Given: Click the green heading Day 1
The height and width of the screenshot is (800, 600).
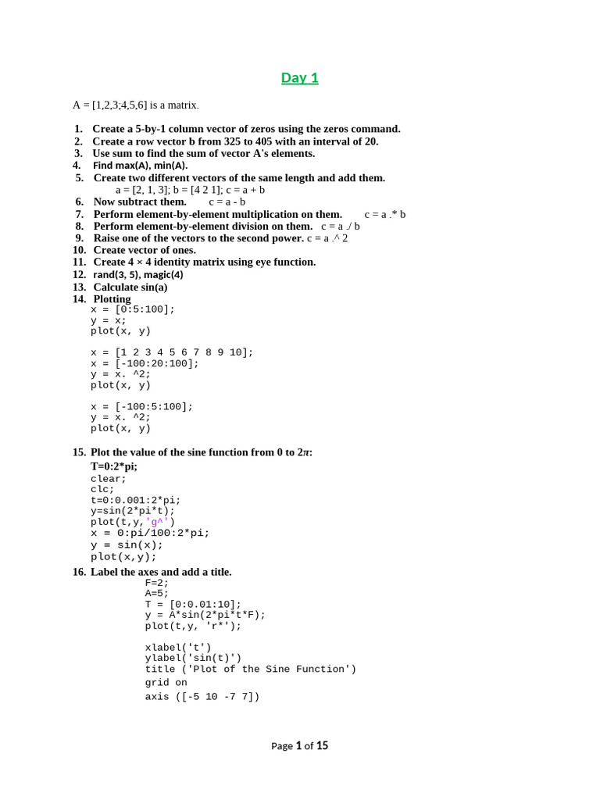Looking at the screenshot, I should [x=300, y=77].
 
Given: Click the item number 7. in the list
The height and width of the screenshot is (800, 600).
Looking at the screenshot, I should [x=80, y=214].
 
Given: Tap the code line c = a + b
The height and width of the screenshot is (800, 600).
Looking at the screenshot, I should [x=245, y=190].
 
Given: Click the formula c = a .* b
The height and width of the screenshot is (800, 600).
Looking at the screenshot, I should [x=385, y=214].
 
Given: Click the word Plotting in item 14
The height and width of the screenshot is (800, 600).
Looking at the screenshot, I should [x=112, y=299].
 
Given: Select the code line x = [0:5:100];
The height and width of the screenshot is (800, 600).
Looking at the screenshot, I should [x=133, y=309].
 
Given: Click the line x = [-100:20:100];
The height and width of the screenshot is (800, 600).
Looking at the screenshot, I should [x=145, y=363].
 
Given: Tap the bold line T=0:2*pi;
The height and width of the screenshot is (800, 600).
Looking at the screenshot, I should [x=114, y=466].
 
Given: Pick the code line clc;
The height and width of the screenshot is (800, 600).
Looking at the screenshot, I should [x=102, y=490].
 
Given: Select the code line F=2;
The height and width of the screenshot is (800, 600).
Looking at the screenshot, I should [x=156, y=583].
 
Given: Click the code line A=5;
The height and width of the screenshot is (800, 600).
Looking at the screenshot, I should [x=156, y=594].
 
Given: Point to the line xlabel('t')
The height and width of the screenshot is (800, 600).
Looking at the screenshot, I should [x=178, y=648].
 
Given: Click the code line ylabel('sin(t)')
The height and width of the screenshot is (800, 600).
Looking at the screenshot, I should [x=193, y=658].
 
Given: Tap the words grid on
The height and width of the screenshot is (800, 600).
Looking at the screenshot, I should [x=166, y=683].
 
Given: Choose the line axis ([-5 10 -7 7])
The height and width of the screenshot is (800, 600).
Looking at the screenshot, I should [x=202, y=697].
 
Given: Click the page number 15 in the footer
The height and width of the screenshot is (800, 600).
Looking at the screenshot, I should [x=322, y=746].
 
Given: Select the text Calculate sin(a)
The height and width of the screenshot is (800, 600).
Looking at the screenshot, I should [x=130, y=287].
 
